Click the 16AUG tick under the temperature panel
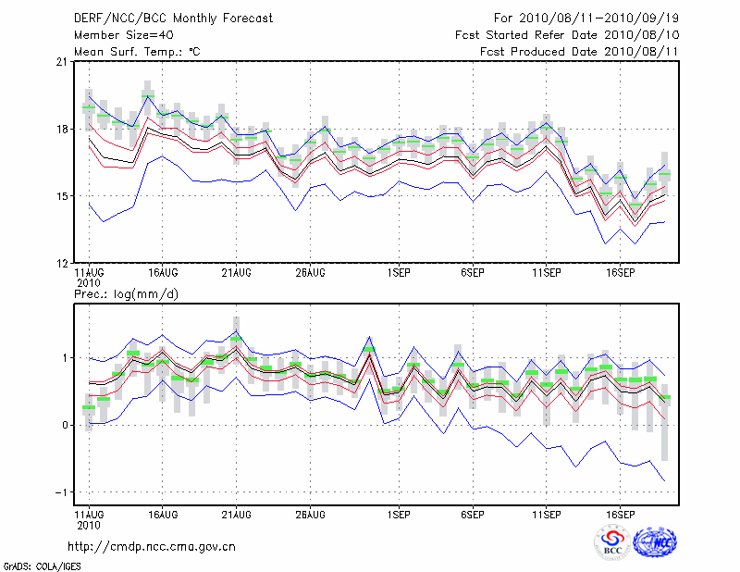coord(163,274)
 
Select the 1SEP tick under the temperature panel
coord(399,274)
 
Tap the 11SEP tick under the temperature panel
coord(547,274)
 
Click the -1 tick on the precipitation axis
coord(60,492)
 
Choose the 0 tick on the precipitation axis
coord(63,425)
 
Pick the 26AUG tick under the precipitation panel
coord(310,514)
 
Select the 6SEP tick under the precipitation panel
coord(473,514)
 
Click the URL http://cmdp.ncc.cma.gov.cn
coord(152,546)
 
